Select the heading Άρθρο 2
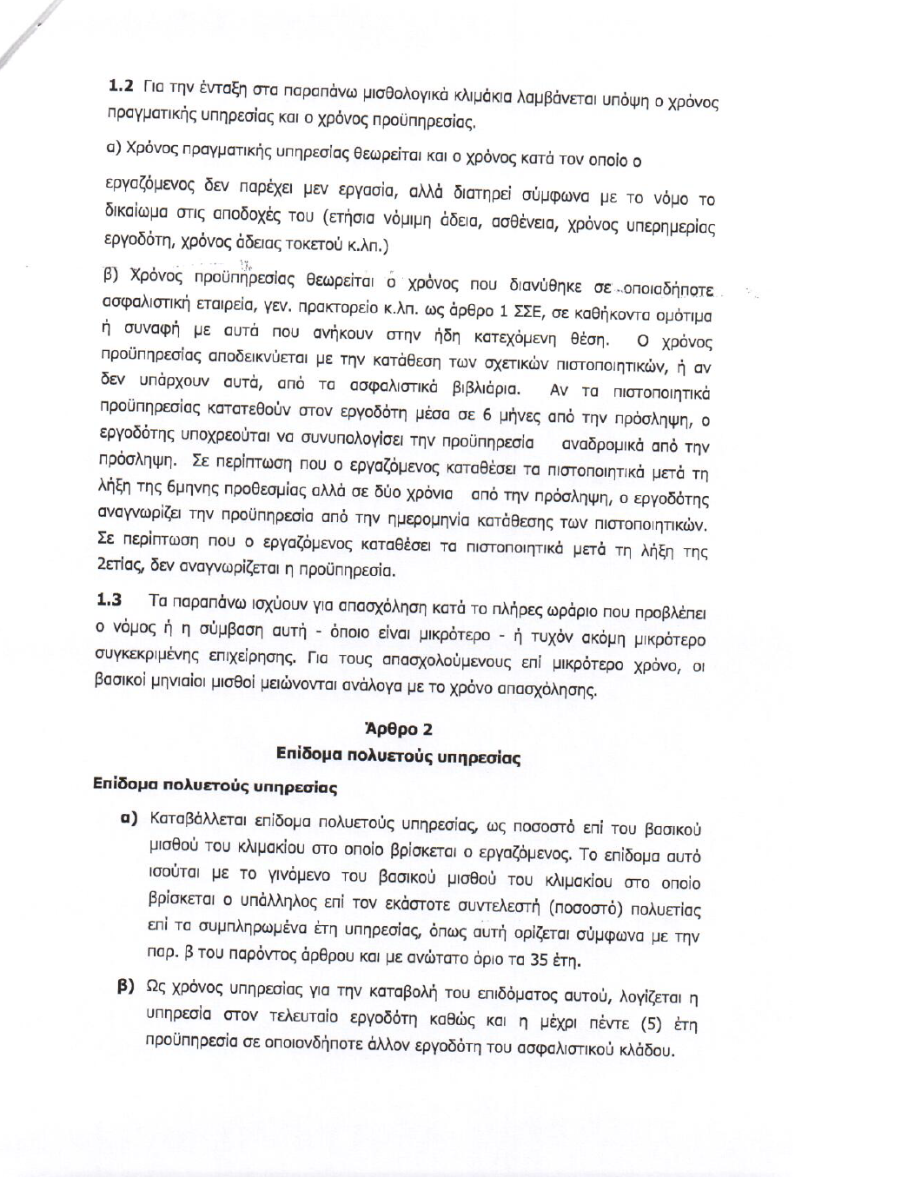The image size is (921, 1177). point(399,728)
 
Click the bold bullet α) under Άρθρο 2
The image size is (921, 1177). point(130,817)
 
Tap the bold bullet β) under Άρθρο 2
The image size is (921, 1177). point(127,987)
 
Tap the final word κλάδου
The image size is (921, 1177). point(646,1051)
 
